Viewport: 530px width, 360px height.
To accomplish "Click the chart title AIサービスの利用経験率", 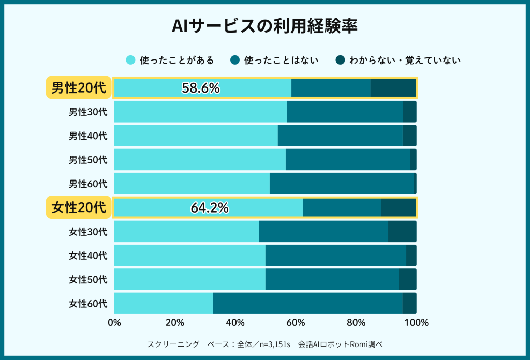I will (264, 27).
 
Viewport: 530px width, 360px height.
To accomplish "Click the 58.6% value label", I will (201, 88).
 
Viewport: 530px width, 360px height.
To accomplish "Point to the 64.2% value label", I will (210, 208).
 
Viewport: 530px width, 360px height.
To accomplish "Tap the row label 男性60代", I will (88, 184).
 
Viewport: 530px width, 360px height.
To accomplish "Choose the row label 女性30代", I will (88, 232).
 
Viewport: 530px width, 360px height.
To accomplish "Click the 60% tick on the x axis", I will (296, 323).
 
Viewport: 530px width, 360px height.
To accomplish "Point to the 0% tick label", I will (114, 323).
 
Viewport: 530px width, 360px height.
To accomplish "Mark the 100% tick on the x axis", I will (416, 323).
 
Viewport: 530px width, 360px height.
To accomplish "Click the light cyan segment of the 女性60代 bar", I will (163, 303).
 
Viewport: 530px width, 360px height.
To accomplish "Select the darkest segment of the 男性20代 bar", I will (393, 88).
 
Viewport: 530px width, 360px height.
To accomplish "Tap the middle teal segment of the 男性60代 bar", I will (342, 184).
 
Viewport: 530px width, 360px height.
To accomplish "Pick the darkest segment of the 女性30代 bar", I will (402, 232).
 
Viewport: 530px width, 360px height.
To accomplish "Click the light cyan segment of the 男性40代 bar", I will (196, 136).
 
